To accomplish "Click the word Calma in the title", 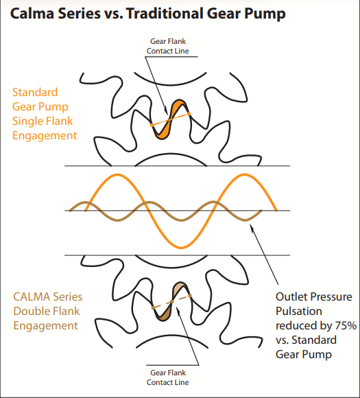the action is (32, 13).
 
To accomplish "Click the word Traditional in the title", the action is (165, 13).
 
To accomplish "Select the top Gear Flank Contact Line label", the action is (168, 46).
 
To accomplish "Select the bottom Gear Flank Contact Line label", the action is (168, 377).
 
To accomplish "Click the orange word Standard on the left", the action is (35, 92).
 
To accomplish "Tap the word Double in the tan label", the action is (29, 311).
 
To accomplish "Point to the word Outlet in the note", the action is (291, 296).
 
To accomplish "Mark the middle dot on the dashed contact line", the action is (171, 301).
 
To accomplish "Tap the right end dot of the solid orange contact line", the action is (189, 114).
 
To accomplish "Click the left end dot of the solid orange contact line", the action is (152, 125).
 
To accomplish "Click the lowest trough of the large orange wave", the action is (181, 247).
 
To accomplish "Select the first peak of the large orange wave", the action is (117, 174).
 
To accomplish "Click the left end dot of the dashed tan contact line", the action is (153, 307).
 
